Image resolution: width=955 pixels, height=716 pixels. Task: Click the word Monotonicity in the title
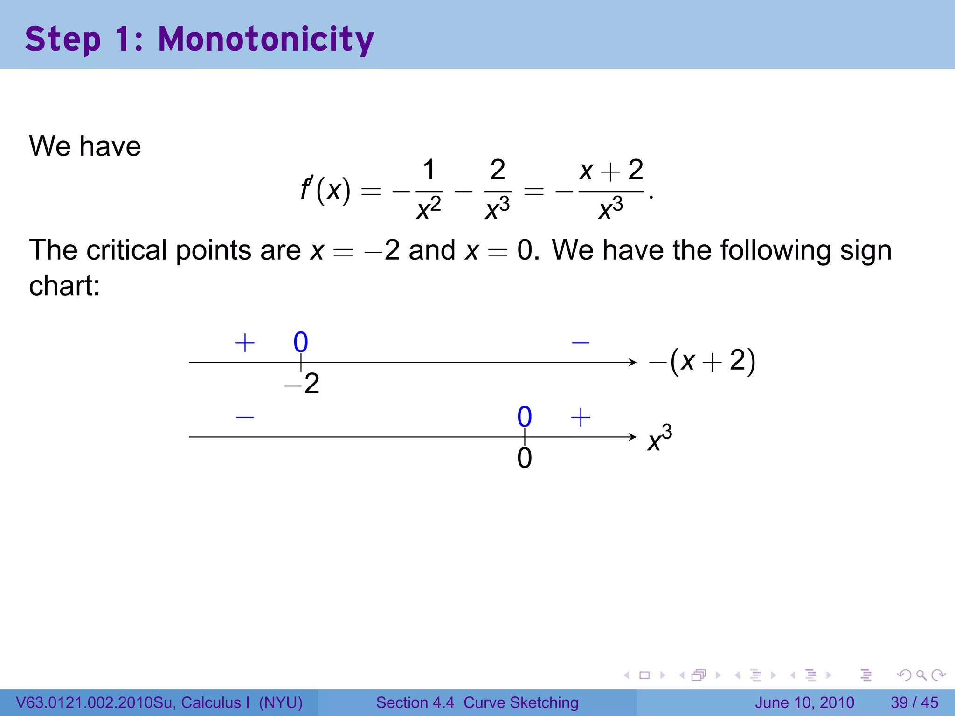pos(266,40)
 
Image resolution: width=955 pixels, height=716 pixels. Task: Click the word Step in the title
pos(63,40)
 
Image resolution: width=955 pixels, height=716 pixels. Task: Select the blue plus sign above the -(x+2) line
pos(245,343)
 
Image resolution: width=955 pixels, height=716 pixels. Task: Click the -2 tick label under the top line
pos(302,384)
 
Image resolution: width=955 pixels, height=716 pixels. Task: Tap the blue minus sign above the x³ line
pos(245,417)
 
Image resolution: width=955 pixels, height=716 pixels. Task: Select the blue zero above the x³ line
pos(525,416)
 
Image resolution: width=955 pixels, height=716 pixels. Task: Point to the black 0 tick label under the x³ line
pos(525,458)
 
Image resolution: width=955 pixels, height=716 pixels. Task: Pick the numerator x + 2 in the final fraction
pos(611,170)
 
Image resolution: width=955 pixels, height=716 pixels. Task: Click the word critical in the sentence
pos(126,250)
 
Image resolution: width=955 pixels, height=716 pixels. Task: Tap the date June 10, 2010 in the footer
pos(804,702)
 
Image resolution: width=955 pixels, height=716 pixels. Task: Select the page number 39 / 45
pos(914,702)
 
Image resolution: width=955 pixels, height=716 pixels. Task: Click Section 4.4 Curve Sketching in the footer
pos(477,702)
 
